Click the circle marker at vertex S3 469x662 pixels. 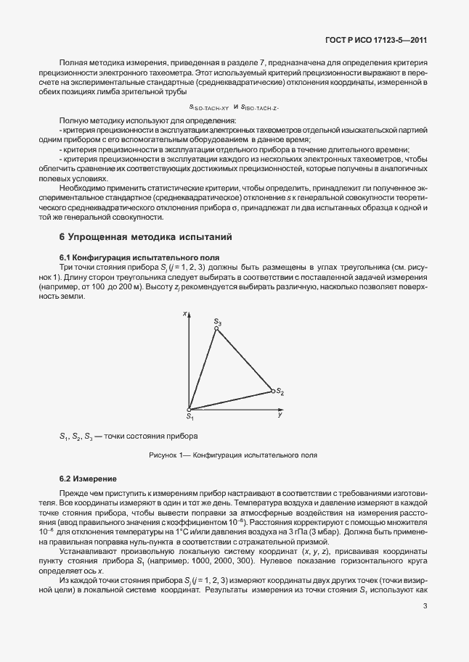click(x=216, y=328)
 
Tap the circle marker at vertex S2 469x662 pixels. click(x=273, y=391)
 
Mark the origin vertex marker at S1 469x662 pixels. click(x=189, y=410)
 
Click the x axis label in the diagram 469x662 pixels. click(x=186, y=313)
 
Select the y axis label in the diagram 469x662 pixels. click(x=280, y=415)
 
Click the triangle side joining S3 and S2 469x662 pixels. click(x=245, y=360)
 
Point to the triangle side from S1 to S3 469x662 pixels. click(x=203, y=369)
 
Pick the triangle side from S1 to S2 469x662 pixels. click(x=231, y=401)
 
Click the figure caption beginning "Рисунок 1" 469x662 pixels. click(x=234, y=455)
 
